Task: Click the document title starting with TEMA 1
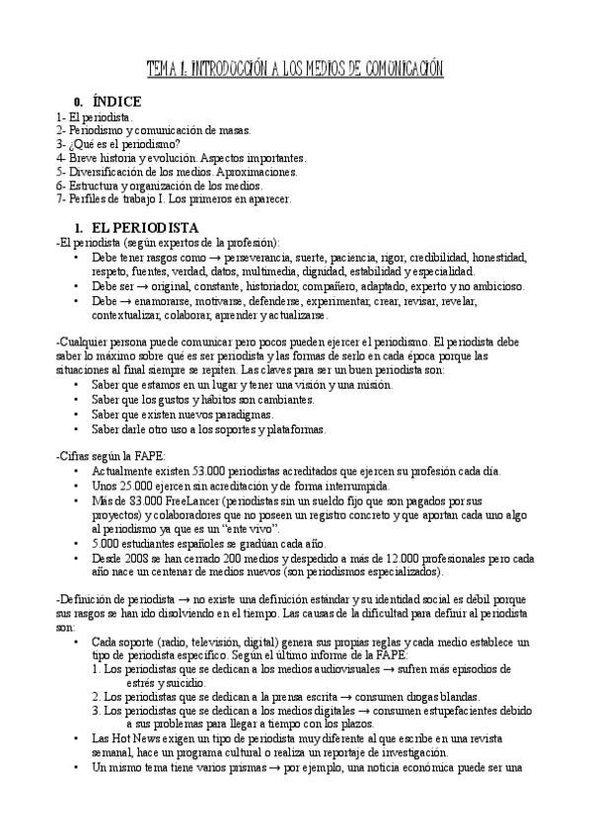point(295,68)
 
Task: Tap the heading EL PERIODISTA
point(144,228)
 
